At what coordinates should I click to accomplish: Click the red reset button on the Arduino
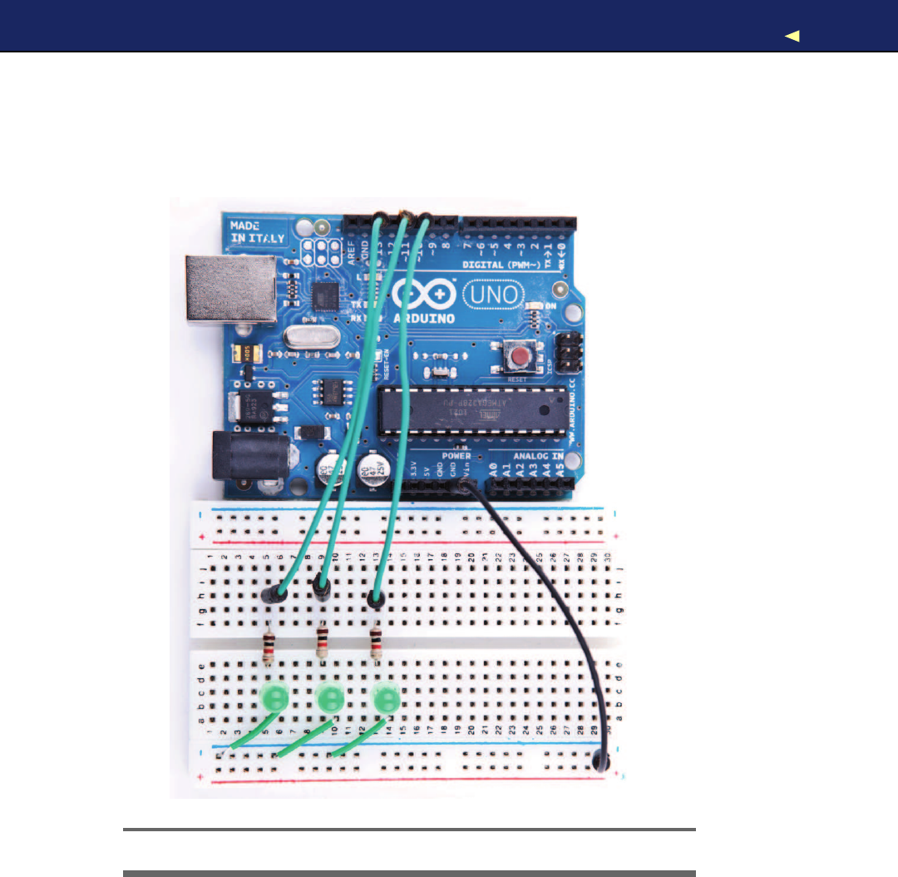click(x=521, y=358)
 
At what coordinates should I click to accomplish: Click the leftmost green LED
click(x=274, y=697)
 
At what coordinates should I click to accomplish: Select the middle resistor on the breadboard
click(x=323, y=642)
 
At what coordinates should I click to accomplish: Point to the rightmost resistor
click(x=377, y=642)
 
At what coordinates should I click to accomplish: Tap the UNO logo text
click(x=491, y=295)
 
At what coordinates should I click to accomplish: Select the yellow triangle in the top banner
click(x=792, y=35)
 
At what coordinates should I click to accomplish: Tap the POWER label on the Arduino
click(x=456, y=456)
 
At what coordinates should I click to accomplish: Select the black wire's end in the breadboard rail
click(x=600, y=761)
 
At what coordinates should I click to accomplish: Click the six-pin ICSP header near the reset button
click(x=570, y=353)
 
